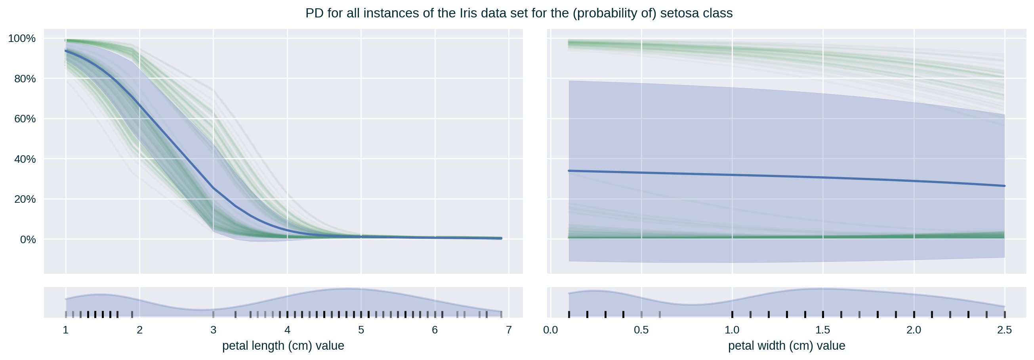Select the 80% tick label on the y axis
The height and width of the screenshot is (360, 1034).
click(25, 79)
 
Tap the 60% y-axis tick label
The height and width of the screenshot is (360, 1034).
click(25, 119)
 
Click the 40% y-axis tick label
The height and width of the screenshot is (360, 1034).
click(25, 159)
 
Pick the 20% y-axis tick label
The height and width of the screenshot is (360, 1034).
click(25, 199)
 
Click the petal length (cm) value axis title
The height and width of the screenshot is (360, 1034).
click(283, 346)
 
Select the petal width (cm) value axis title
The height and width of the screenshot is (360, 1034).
click(786, 346)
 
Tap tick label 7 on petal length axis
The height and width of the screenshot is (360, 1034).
click(509, 330)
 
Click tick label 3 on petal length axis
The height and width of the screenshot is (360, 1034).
click(214, 330)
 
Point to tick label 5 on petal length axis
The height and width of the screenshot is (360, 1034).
click(361, 330)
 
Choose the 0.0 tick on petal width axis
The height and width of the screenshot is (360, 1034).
click(550, 330)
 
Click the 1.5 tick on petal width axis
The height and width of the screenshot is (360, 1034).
click(823, 330)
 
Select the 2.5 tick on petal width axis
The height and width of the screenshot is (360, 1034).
click(1004, 330)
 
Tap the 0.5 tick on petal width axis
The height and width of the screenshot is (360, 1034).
click(641, 330)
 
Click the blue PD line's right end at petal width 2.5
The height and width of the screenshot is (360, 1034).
click(1004, 186)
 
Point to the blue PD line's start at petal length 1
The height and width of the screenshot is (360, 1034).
click(66, 51)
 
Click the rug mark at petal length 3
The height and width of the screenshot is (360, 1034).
click(214, 314)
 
